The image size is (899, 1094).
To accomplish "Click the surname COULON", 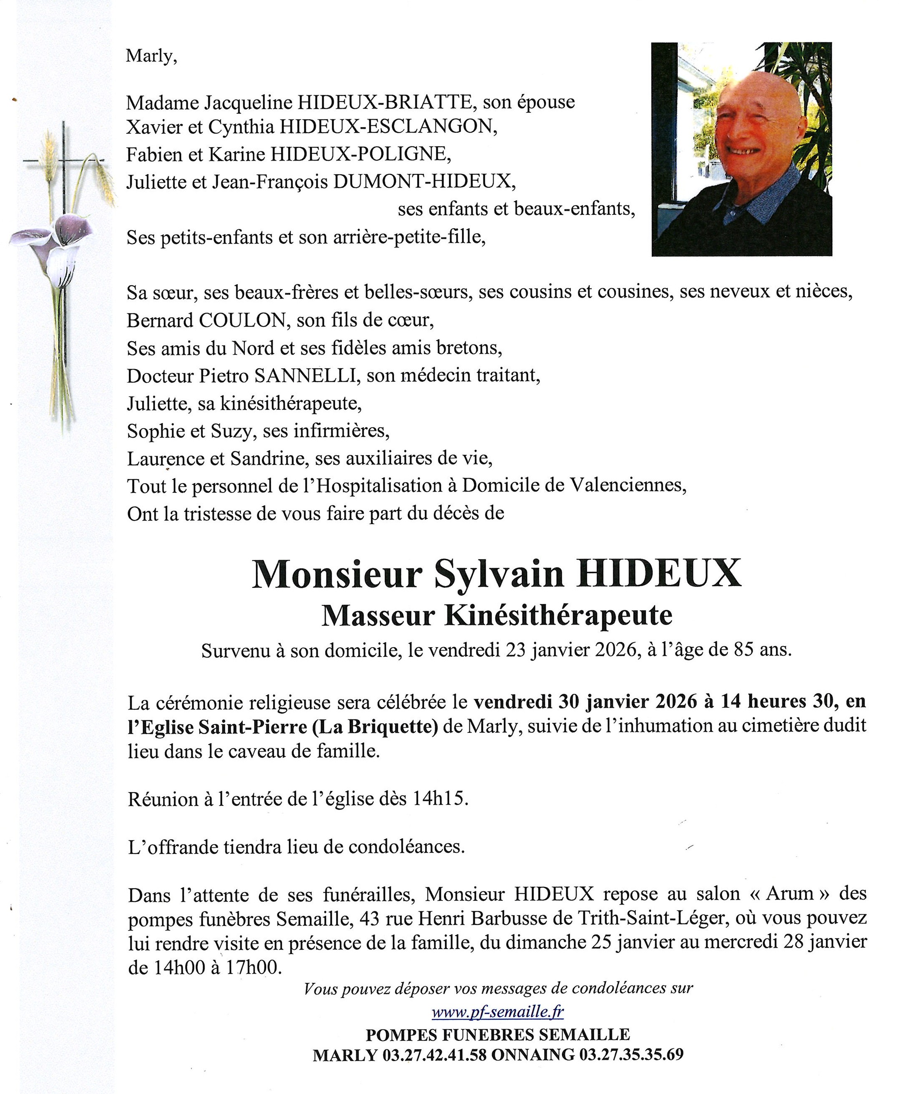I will [x=242, y=321].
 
